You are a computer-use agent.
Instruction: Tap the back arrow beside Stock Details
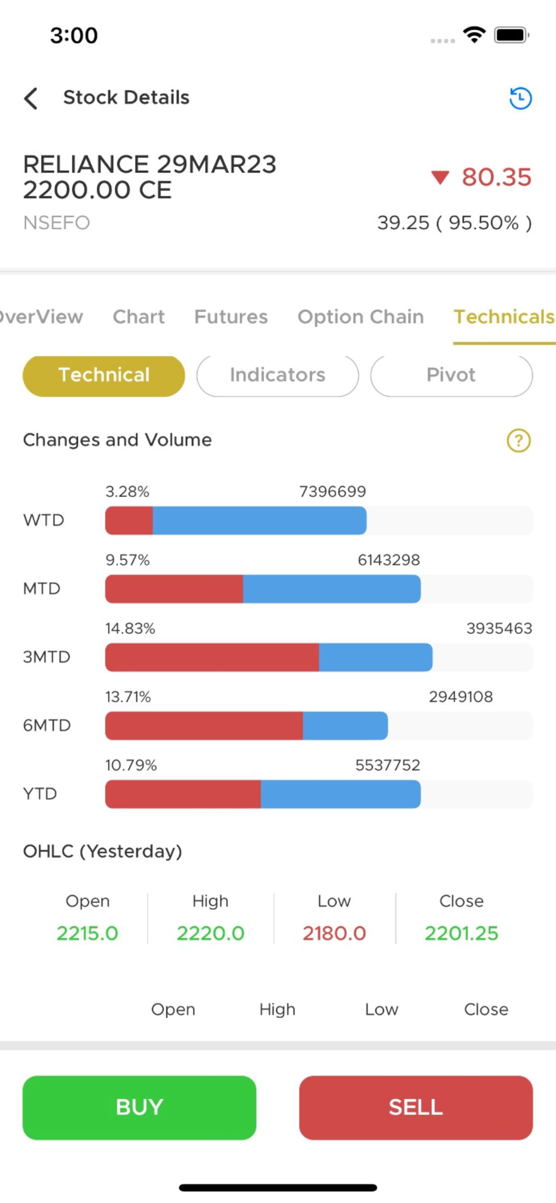point(31,98)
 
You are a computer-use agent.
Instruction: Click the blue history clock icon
point(520,98)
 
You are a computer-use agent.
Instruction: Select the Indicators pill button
point(277,375)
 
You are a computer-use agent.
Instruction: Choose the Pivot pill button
point(451,375)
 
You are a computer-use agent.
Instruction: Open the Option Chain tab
point(360,317)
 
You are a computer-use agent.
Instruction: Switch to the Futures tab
point(230,317)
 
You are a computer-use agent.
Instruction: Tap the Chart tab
point(138,317)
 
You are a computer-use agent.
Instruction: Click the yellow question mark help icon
point(519,440)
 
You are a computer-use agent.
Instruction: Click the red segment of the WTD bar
point(129,520)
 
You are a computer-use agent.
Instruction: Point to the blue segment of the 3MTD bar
point(375,657)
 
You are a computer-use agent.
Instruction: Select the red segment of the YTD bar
point(183,794)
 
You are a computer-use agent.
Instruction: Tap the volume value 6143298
point(389,560)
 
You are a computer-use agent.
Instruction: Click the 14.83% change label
point(130,629)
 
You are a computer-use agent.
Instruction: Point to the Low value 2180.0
point(334,933)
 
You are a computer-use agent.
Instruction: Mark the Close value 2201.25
point(462,933)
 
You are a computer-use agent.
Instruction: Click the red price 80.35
point(496,177)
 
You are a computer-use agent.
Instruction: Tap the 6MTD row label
point(47,725)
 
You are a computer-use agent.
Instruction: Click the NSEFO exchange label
point(57,223)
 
